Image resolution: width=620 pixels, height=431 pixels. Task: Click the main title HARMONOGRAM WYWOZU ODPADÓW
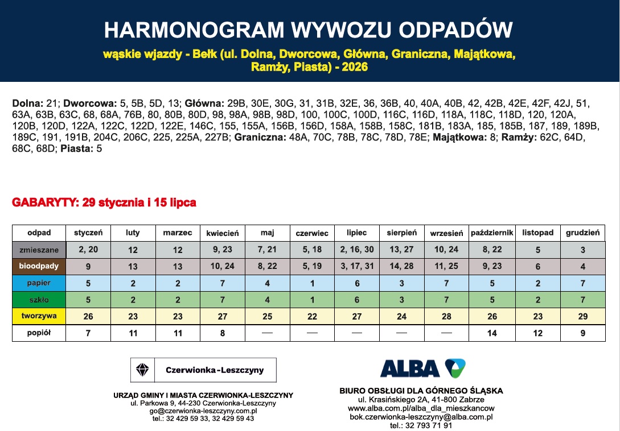click(309, 30)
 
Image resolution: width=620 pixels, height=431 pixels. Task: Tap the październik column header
click(492, 233)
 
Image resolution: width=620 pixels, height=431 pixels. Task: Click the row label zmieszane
click(39, 250)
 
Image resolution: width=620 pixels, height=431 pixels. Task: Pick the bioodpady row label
click(39, 266)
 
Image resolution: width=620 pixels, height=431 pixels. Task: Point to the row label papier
click(39, 283)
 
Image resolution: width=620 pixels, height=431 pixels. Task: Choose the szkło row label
click(39, 299)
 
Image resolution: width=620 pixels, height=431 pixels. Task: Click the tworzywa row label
click(39, 315)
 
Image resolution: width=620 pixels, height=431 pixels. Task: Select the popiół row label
click(39, 333)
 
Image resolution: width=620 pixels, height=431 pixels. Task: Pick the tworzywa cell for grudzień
click(582, 315)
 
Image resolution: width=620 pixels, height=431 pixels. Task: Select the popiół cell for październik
click(492, 333)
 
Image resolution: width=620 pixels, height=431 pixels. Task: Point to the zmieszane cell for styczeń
click(88, 250)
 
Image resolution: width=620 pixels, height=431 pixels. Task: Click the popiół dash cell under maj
click(267, 333)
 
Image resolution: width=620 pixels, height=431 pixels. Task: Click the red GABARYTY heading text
click(104, 202)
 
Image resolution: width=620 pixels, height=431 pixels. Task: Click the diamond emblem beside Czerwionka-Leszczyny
click(142, 370)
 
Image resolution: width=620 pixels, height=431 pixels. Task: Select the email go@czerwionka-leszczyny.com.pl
click(203, 411)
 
